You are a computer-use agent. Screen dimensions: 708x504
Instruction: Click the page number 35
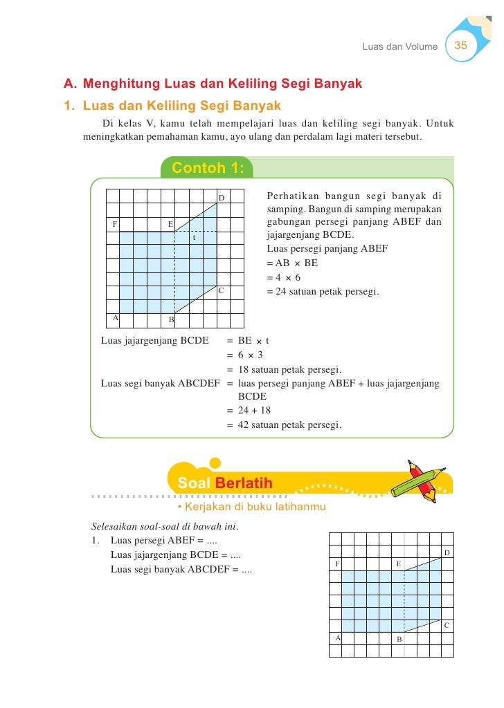pyautogui.click(x=461, y=46)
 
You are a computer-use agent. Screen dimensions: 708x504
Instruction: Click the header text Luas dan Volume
pyautogui.click(x=399, y=46)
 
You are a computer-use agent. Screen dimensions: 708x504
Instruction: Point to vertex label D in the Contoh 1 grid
pyautogui.click(x=222, y=198)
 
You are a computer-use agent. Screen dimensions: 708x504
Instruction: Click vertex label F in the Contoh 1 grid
pyautogui.click(x=115, y=224)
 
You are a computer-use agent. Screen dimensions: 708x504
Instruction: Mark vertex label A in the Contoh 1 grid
pyautogui.click(x=115, y=317)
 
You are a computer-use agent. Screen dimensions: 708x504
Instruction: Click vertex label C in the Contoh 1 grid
pyautogui.click(x=221, y=290)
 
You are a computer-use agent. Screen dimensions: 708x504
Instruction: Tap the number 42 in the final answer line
pyautogui.click(x=243, y=425)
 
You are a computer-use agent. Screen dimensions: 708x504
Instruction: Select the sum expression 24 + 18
pyautogui.click(x=254, y=411)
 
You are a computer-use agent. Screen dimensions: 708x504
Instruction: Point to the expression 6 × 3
pyautogui.click(x=251, y=355)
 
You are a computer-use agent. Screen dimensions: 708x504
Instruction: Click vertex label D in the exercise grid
pyautogui.click(x=447, y=553)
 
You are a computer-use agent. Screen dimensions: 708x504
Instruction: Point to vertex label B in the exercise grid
pyautogui.click(x=399, y=639)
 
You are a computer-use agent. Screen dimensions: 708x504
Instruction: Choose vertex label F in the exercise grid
pyautogui.click(x=337, y=563)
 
